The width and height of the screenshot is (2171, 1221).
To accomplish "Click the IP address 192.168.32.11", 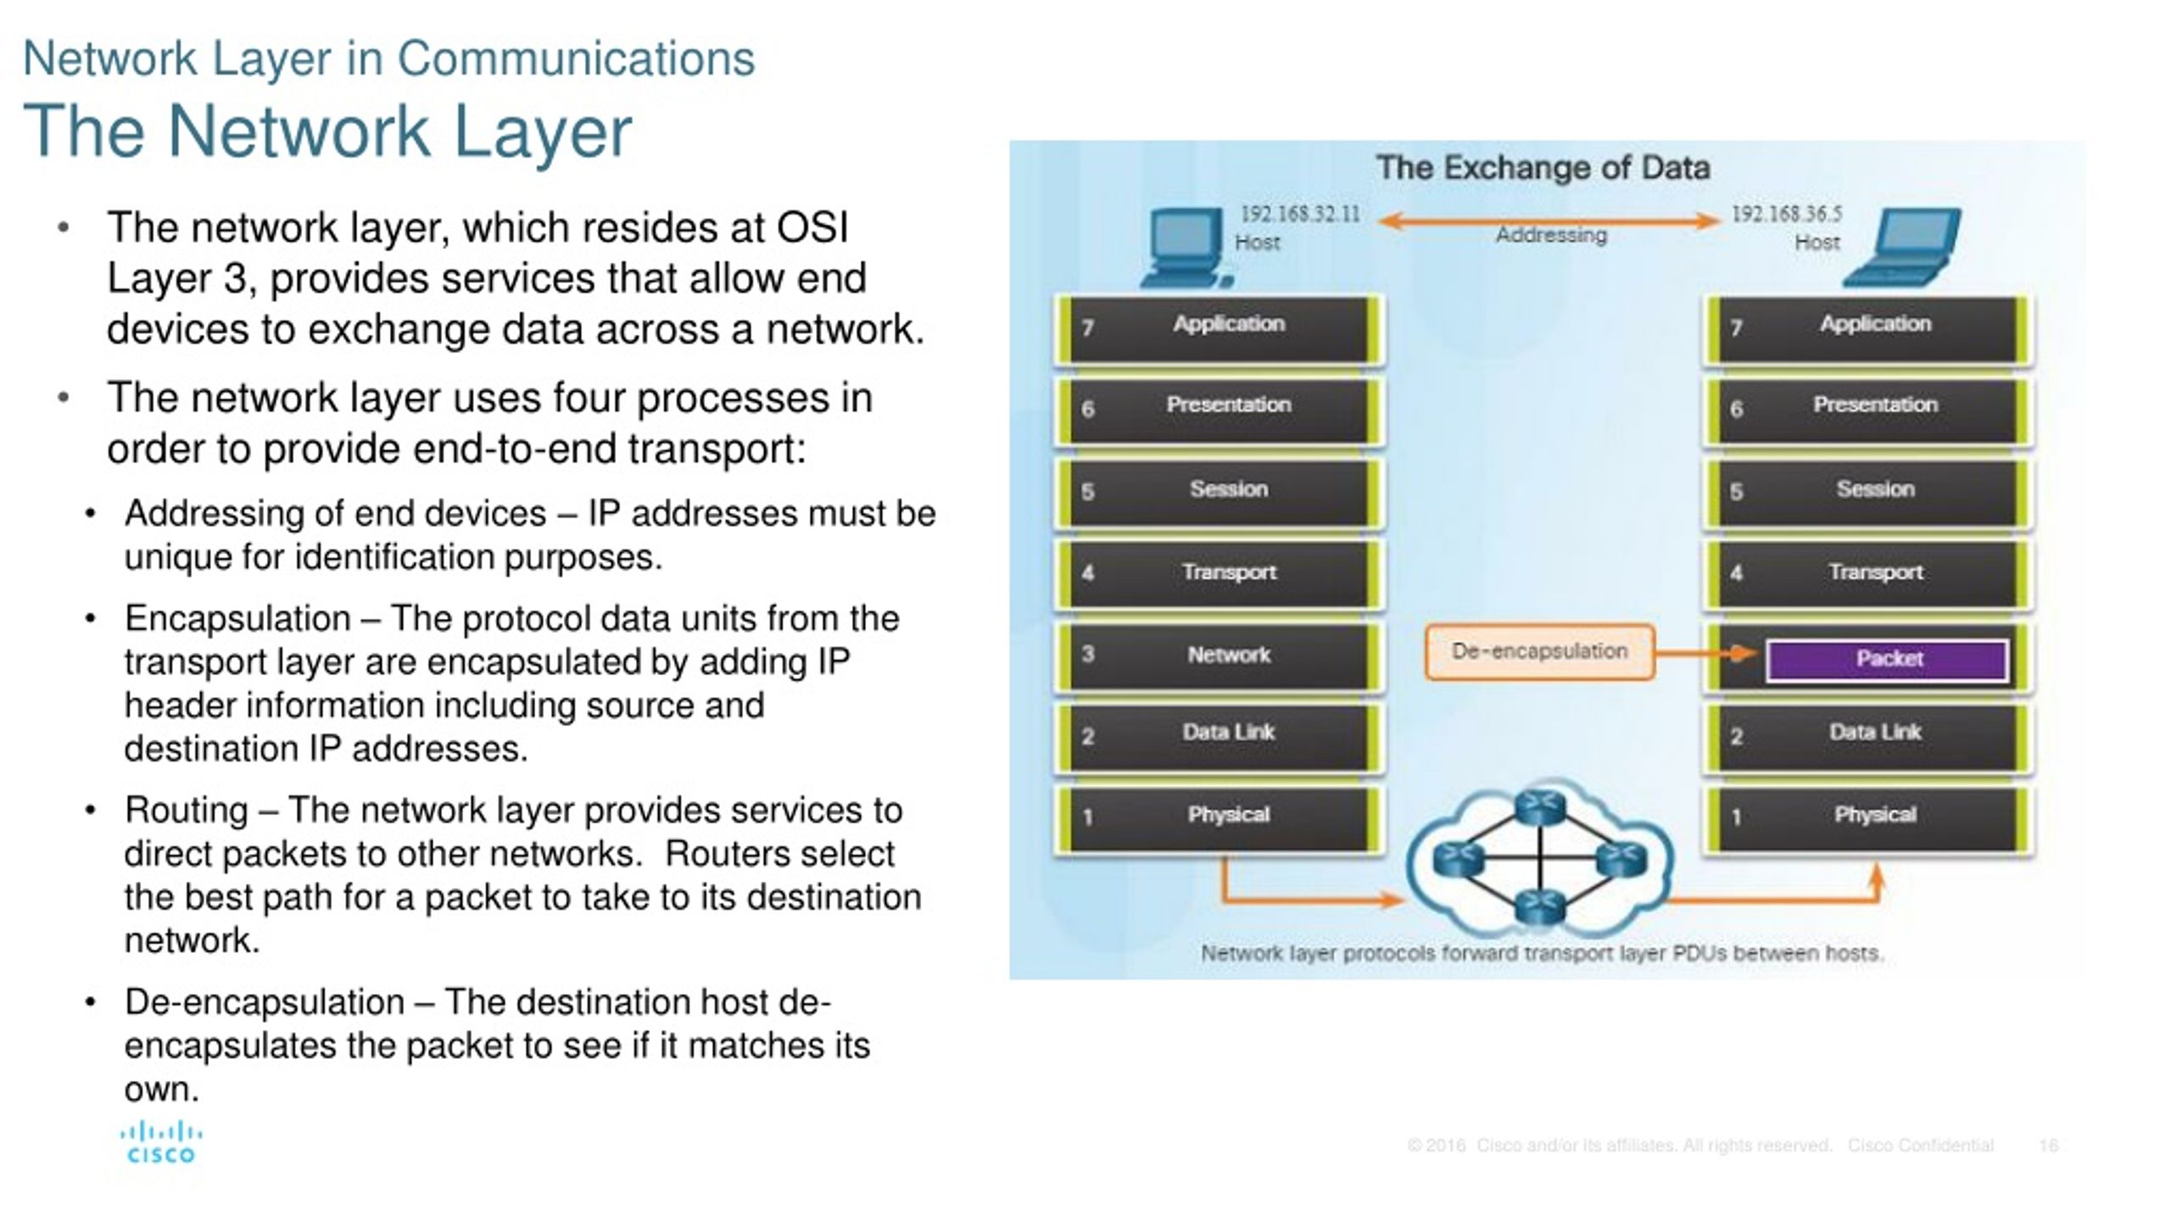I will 1299,214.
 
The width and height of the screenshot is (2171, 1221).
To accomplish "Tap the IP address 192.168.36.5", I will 1785,214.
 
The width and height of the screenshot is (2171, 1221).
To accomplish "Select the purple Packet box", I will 1887,659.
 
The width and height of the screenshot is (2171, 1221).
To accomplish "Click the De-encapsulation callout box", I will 1539,651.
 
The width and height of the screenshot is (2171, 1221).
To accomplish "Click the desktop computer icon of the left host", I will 1184,248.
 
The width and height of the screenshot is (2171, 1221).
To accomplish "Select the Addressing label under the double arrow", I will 1550,235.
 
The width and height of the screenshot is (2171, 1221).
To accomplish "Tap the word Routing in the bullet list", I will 186,811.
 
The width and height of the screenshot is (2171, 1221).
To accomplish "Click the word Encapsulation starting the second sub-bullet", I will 237,619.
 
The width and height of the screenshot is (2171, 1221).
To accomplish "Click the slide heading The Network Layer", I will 327,131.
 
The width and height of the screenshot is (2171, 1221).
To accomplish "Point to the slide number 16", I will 2048,1146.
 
